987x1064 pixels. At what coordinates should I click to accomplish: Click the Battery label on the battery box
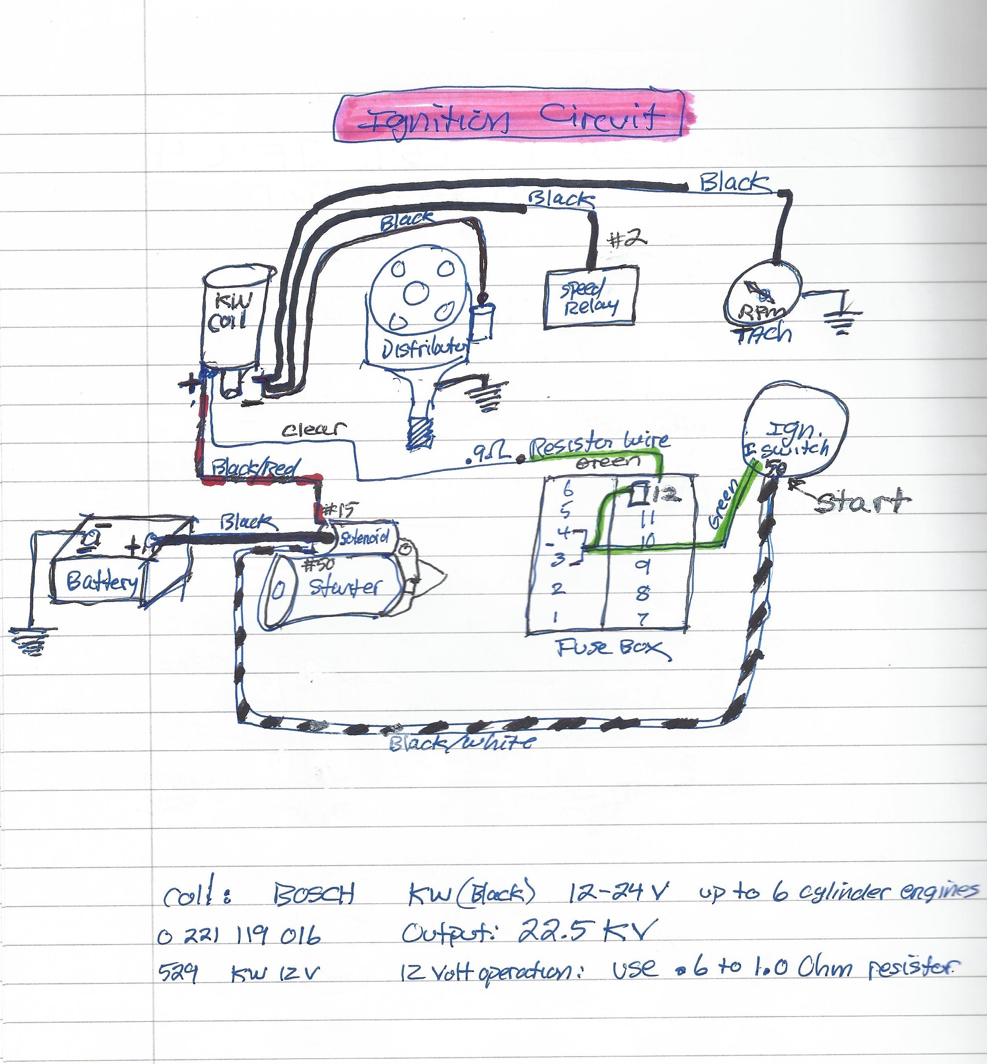[x=101, y=581]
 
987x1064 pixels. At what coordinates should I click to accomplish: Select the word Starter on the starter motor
[x=345, y=587]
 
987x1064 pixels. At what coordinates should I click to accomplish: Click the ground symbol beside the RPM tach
[x=842, y=320]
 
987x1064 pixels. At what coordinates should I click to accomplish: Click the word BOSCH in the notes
[x=313, y=894]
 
